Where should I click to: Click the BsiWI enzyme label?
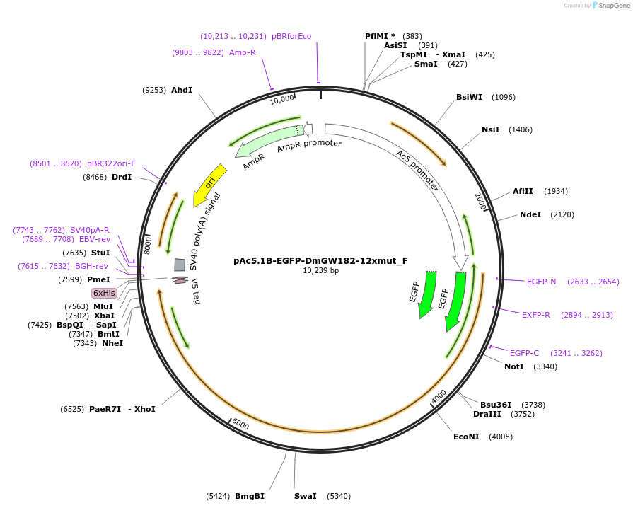470,97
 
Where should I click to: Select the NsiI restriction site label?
491,129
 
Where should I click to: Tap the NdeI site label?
530,214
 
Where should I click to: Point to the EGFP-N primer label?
541,282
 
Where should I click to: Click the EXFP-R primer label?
536,315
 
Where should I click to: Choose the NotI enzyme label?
514,366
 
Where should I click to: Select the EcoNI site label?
466,437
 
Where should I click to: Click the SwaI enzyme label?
306,496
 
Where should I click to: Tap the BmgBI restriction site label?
250,496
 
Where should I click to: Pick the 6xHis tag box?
104,293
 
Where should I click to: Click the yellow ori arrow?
210,183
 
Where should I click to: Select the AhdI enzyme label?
182,90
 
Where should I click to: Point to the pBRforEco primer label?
291,36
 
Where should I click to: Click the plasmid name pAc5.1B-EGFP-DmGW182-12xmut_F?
320,260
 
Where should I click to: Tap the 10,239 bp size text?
320,270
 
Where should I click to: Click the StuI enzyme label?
100,253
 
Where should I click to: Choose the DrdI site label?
122,177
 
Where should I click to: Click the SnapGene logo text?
613,6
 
